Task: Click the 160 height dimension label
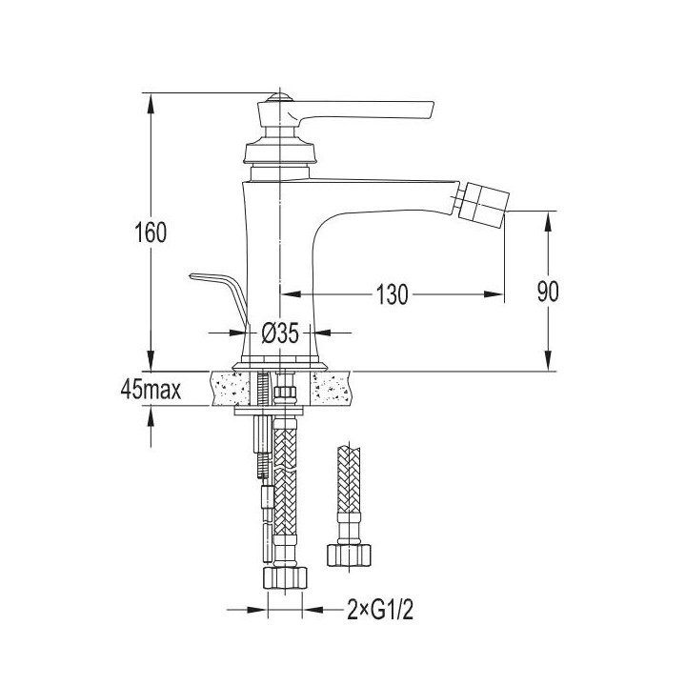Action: point(151,232)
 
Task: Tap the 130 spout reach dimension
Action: point(392,294)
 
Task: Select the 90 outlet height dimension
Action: point(548,292)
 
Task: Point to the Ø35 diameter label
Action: point(280,333)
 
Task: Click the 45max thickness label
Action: point(151,390)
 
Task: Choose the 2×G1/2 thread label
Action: point(380,609)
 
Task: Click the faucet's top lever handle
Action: point(346,111)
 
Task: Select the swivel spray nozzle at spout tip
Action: point(480,206)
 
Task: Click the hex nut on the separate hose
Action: point(349,555)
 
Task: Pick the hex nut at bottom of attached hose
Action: point(285,578)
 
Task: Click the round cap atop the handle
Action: point(280,97)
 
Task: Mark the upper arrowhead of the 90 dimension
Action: point(547,222)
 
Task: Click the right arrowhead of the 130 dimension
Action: point(494,294)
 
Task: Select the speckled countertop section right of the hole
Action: point(332,389)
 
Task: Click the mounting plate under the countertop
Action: point(269,411)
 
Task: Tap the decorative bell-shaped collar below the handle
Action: point(279,151)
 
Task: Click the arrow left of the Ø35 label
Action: point(226,333)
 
